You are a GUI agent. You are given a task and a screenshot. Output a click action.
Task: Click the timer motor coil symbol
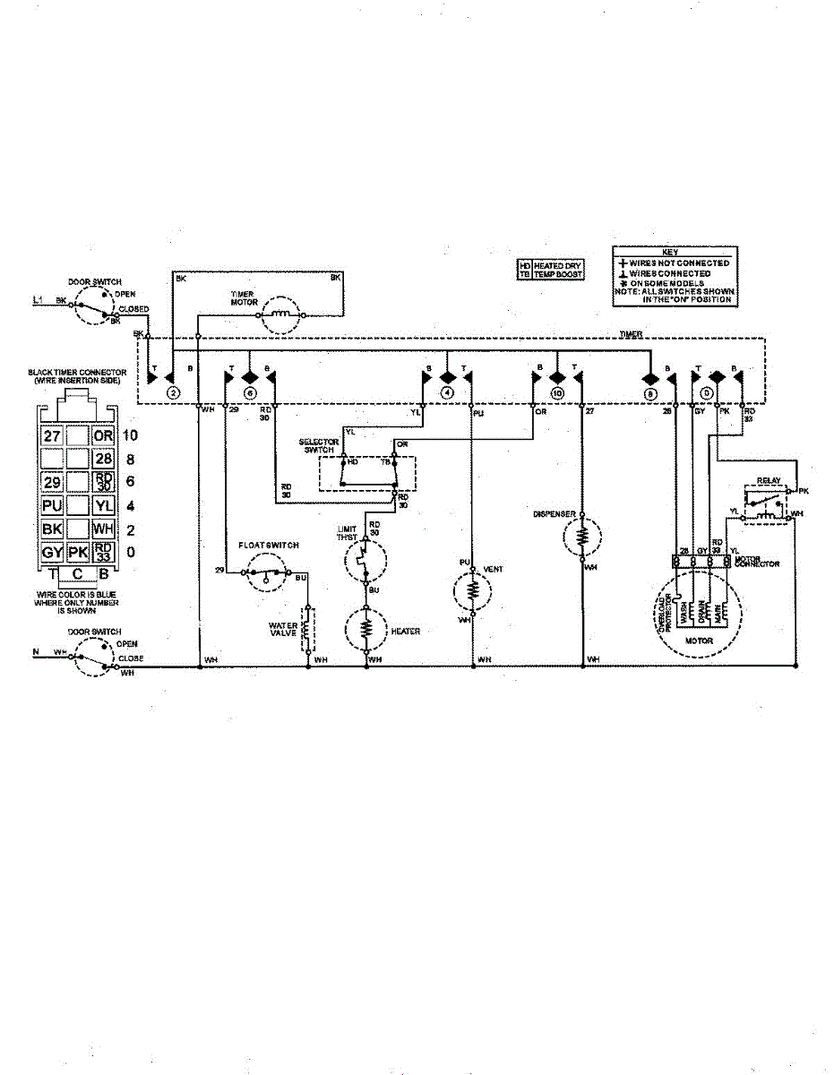coord(285,314)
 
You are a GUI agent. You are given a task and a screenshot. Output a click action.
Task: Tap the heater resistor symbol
coord(366,630)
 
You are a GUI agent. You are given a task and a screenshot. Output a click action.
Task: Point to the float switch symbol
coord(266,572)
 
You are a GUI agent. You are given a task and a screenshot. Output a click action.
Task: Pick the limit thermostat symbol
coord(365,563)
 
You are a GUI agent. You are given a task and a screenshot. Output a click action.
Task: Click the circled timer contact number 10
coord(557,392)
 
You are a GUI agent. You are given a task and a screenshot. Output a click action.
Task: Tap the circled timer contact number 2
coord(174,392)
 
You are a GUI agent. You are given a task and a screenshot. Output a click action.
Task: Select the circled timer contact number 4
coord(447,392)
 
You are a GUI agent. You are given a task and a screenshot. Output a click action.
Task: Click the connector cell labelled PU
coord(52,505)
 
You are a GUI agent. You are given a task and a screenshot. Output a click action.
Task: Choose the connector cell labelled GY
coord(52,552)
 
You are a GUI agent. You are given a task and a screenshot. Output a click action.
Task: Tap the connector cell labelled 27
coord(52,436)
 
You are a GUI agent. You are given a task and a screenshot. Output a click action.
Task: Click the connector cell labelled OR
coord(104,436)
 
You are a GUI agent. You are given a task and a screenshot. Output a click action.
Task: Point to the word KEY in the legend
coord(674,253)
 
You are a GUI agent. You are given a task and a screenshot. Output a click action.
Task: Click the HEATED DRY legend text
coord(558,266)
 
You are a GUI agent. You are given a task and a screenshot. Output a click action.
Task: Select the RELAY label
coord(769,481)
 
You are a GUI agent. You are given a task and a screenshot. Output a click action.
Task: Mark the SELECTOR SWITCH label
coord(317,446)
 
